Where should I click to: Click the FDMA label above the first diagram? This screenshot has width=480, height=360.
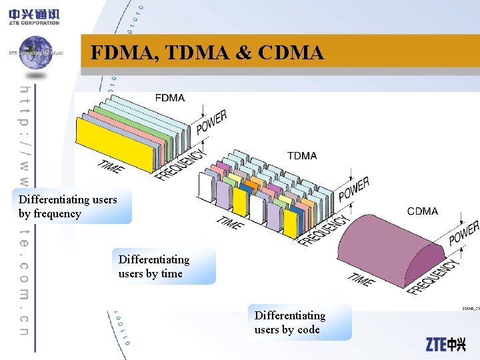click(170, 98)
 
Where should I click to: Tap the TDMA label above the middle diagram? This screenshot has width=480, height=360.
click(302, 156)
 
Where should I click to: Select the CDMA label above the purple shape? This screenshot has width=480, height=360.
click(423, 211)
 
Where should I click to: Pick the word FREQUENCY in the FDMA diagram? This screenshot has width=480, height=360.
click(181, 164)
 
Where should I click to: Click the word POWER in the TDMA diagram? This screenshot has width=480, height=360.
click(354, 189)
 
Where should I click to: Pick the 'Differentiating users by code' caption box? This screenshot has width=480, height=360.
click(299, 322)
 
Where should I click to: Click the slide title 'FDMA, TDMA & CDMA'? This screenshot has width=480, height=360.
click(207, 52)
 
